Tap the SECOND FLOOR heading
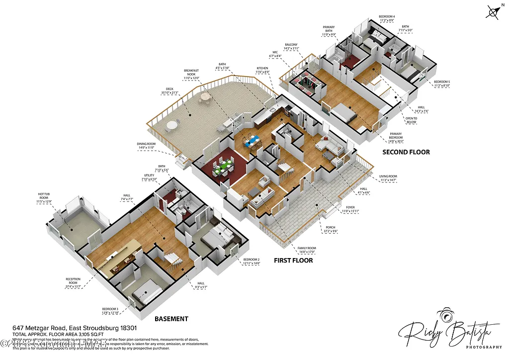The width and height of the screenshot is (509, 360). [x=406, y=152]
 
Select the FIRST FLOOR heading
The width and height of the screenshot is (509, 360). [x=294, y=260]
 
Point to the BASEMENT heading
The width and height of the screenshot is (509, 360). [x=171, y=319]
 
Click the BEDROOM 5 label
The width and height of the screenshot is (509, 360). [x=442, y=84]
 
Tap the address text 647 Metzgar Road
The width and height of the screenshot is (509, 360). [x=75, y=328]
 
